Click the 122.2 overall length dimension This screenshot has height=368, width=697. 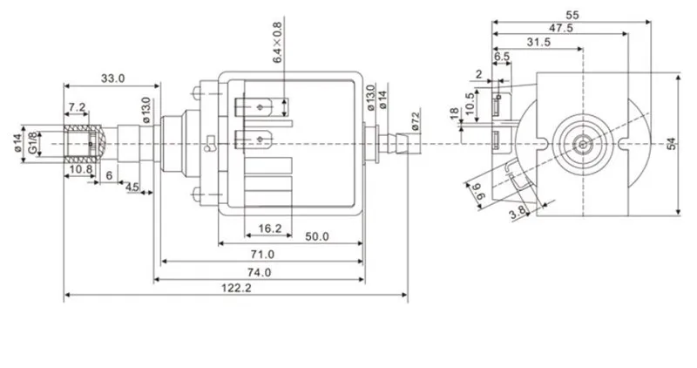click(x=236, y=288)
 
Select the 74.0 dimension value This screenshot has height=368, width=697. click(x=259, y=272)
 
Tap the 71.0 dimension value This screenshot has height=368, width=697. click(x=262, y=255)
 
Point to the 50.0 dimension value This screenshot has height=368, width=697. click(x=317, y=236)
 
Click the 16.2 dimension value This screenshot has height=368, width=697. click(x=270, y=228)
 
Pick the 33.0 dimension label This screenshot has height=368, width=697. click(x=113, y=78)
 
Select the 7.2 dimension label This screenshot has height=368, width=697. click(x=77, y=107)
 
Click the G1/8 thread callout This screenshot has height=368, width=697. click(x=33, y=143)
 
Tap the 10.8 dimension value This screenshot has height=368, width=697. click(x=80, y=169)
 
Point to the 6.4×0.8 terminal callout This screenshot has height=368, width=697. click(x=277, y=42)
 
